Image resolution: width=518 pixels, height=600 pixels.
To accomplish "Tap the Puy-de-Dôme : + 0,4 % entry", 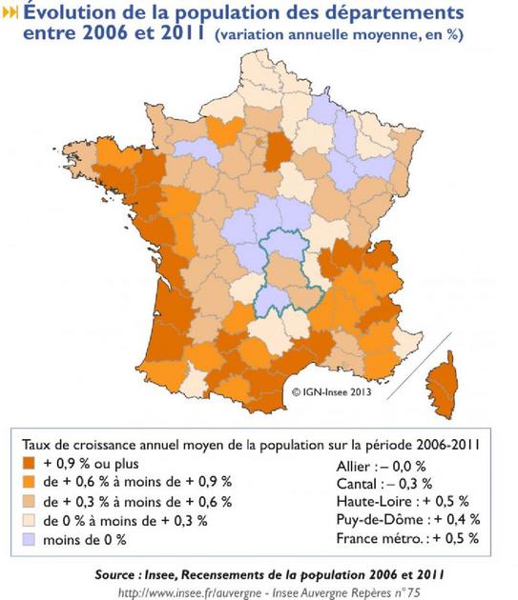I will point(407,521).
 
